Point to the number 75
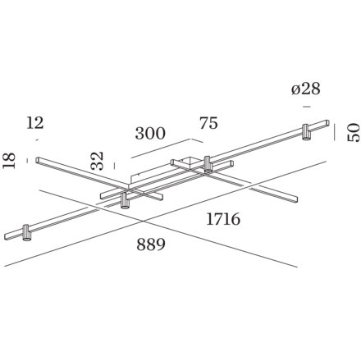point(208,123)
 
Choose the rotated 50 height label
point(351,131)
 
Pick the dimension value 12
point(34,122)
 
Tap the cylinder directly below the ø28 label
point(306,132)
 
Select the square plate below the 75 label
point(187,162)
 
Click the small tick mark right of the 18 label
point(25,159)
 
